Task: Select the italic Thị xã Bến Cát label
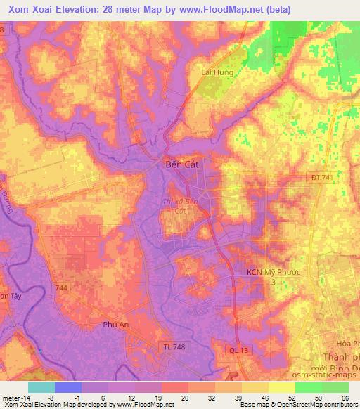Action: [x=181, y=205]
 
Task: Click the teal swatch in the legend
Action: [x=41, y=387]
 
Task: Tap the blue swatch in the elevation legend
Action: [x=67, y=387]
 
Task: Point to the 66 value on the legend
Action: [x=345, y=397]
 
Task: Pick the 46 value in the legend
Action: [x=265, y=397]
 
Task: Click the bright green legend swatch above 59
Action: [x=308, y=387]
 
